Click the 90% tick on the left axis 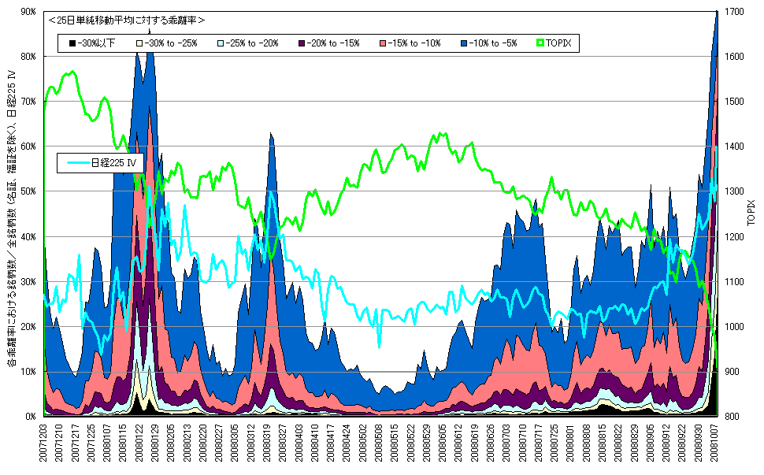click(29, 12)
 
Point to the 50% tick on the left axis click(29, 191)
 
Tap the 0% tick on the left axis click(32, 416)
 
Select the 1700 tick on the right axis click(732, 12)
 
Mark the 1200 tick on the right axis click(732, 236)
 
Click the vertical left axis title click(12, 221)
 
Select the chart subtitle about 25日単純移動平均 click(126, 20)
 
